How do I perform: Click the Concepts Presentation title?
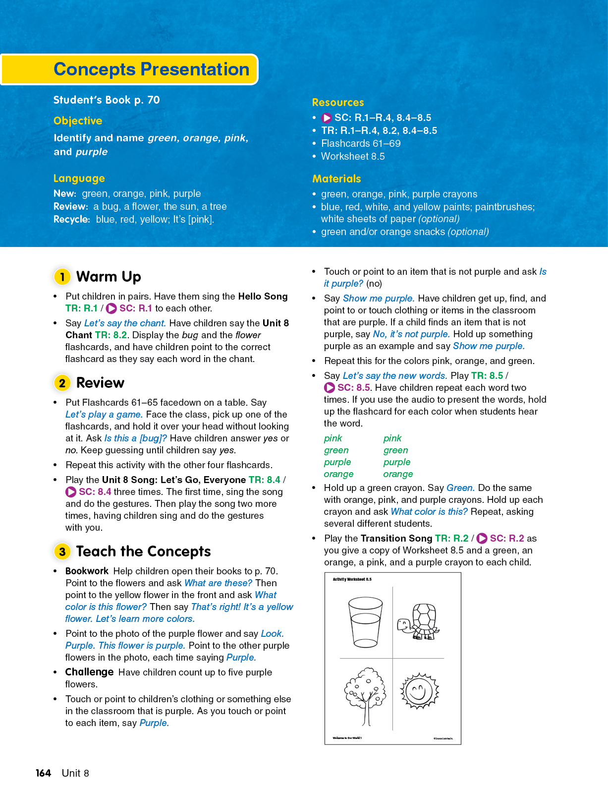tap(151, 69)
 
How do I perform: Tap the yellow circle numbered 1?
tap(62, 276)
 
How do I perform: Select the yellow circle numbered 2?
tap(62, 383)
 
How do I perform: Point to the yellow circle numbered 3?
tap(62, 551)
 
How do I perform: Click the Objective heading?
tap(78, 121)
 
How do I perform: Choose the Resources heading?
tap(338, 103)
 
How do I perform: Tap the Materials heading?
tap(336, 179)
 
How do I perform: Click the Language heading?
tap(79, 179)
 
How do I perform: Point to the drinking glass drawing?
tap(365, 621)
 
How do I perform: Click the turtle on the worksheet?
tap(419, 621)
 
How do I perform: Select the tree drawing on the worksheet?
tap(365, 694)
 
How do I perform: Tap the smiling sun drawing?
tap(419, 691)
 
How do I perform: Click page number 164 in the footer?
tap(44, 773)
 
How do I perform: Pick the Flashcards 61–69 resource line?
tap(361, 144)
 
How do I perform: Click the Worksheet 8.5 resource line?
tap(353, 157)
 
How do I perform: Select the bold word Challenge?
tap(90, 672)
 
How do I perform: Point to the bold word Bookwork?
tap(87, 571)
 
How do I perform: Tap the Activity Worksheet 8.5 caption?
tap(352, 579)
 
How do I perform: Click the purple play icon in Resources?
tap(327, 118)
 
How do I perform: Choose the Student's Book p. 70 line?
tap(107, 100)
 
